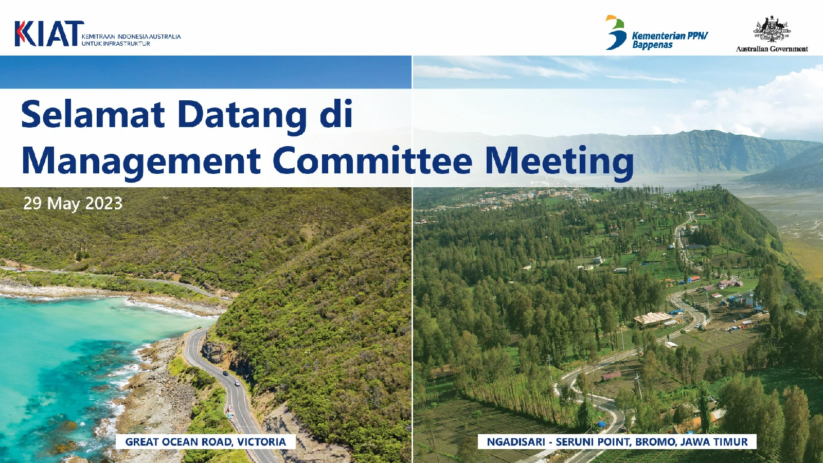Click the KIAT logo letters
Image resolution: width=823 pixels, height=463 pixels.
pyautogui.click(x=49, y=33)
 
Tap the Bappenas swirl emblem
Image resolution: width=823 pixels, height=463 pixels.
pyautogui.click(x=616, y=32)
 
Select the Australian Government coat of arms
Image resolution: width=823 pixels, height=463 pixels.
pyautogui.click(x=772, y=29)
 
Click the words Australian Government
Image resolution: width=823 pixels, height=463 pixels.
pyautogui.click(x=772, y=48)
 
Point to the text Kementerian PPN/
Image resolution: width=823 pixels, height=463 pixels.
pyautogui.click(x=670, y=36)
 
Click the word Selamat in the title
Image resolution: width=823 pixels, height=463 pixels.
pyautogui.click(x=93, y=114)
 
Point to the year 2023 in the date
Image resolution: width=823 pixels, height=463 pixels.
pyautogui.click(x=103, y=203)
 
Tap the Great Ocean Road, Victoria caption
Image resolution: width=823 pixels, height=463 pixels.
pyautogui.click(x=206, y=442)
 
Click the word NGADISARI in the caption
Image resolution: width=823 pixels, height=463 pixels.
pyautogui.click(x=516, y=442)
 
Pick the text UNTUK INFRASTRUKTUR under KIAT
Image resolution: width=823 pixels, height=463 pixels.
pyautogui.click(x=116, y=44)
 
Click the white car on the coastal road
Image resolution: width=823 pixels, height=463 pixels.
pyautogui.click(x=237, y=383)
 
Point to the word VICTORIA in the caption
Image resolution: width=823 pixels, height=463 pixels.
pyautogui.click(x=262, y=442)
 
